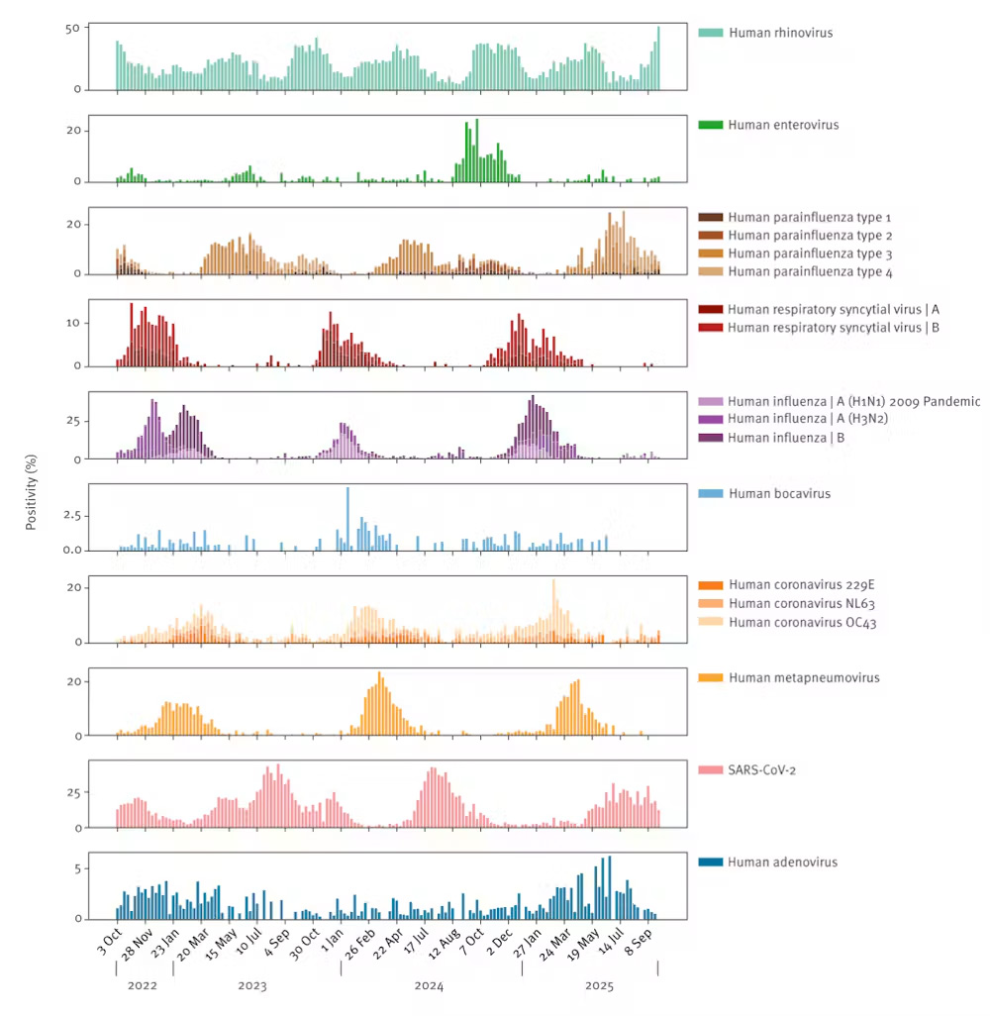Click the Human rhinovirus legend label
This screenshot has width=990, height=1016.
(781, 33)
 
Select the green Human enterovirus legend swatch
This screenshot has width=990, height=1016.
(710, 125)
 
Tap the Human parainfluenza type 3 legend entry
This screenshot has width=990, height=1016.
(810, 254)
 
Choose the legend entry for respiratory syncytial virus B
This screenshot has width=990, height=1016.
(834, 327)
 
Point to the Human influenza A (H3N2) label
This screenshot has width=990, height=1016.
(807, 419)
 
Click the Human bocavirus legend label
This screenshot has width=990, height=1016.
(779, 493)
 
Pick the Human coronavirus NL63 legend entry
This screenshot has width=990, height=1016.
(802, 603)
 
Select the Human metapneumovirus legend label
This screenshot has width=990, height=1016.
(804, 677)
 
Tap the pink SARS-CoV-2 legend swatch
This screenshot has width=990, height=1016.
(710, 769)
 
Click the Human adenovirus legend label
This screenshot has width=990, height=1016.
(783, 862)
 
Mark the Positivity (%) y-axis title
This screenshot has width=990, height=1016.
(31, 492)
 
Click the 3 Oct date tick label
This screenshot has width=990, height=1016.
(110, 942)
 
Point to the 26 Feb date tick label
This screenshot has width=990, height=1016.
(359, 944)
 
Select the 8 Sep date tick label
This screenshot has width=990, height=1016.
(638, 943)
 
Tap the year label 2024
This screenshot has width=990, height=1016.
(429, 986)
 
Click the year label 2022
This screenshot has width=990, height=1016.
(142, 986)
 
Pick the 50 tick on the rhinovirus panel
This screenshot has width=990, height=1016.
(72, 28)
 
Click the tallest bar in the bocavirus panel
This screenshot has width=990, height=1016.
(347, 518)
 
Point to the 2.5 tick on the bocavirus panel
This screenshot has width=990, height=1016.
(72, 516)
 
